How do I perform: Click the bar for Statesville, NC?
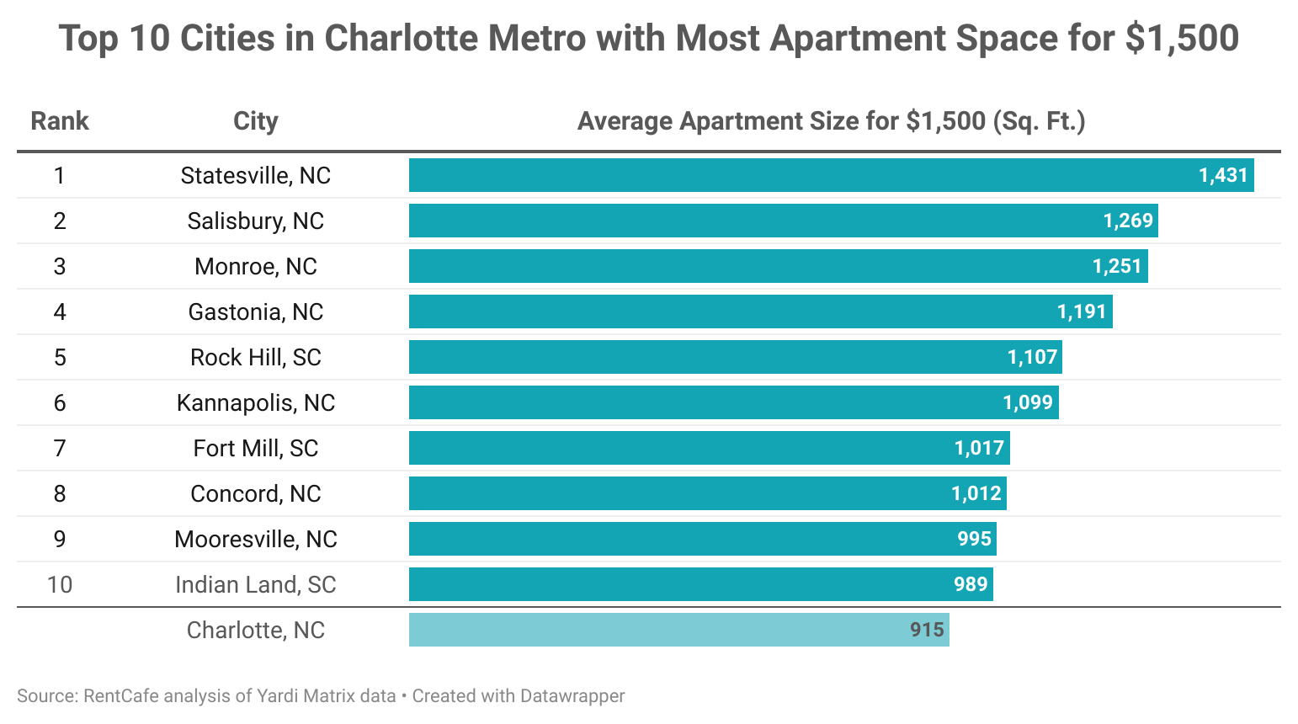[x=800, y=175]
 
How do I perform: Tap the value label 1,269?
[x=1128, y=221]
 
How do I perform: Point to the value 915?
[x=927, y=630]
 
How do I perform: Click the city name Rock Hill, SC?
[x=256, y=357]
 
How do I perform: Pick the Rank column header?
[x=60, y=121]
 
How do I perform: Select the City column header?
[x=256, y=121]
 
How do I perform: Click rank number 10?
[x=60, y=584]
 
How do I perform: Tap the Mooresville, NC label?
[x=256, y=539]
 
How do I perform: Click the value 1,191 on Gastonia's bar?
[x=1082, y=311]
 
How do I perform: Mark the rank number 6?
[x=60, y=402]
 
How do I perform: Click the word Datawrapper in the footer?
[x=572, y=696]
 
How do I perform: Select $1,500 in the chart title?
[x=1182, y=39]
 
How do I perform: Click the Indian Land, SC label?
[x=256, y=584]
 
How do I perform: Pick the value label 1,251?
[x=1117, y=266]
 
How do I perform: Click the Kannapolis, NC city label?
[x=256, y=402]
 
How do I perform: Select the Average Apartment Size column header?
[x=831, y=121]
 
